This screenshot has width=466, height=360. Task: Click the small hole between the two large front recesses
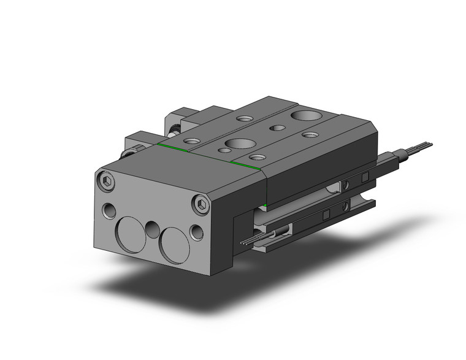(x=151, y=231)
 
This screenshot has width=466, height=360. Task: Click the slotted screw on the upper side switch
(x=346, y=185)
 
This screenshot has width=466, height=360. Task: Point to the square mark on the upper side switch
(x=365, y=178)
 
